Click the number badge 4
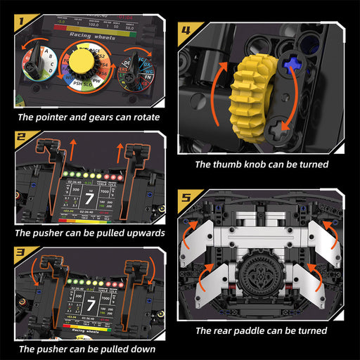click(185, 30)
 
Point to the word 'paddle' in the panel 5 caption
click(267, 330)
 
